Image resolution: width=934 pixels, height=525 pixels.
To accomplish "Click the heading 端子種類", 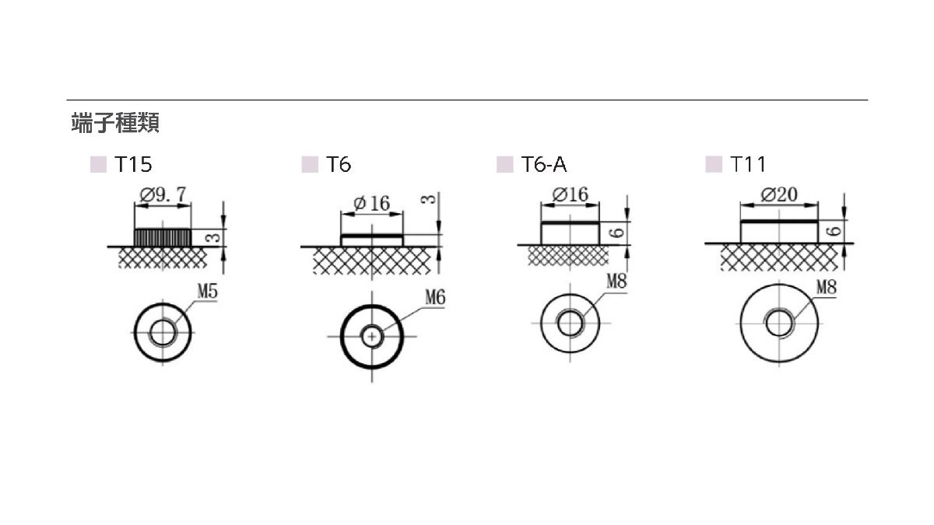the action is [x=115, y=123].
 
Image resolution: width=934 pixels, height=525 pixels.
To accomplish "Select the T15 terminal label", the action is [x=133, y=165].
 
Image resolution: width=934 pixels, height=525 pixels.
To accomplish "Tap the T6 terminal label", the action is [x=339, y=165].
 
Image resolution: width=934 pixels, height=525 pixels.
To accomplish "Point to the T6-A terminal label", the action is [x=544, y=165].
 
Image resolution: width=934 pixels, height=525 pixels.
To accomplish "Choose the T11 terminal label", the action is [x=749, y=165].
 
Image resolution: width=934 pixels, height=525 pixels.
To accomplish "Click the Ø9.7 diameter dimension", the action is [x=163, y=194].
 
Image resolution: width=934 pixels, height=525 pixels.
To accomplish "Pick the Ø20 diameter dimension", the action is [x=779, y=194].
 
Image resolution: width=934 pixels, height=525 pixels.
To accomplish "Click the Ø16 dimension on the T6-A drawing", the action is [x=570, y=194].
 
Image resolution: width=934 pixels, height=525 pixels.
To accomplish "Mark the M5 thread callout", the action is [x=207, y=291].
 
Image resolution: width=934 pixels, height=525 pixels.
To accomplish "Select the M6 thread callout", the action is [x=435, y=297].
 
